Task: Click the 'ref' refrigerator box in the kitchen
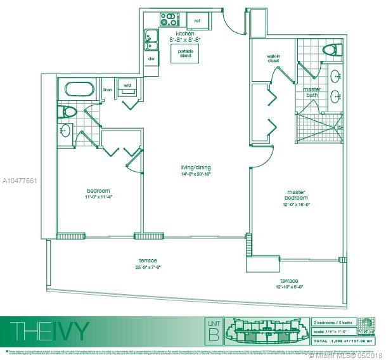[x=197, y=20]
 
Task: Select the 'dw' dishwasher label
[x=151, y=59]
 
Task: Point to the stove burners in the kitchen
[x=169, y=19]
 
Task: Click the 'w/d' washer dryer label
[x=127, y=85]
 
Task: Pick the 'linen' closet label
[x=107, y=89]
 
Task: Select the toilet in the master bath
[x=330, y=50]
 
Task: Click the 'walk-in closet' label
[x=274, y=59]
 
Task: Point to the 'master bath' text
[x=311, y=93]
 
